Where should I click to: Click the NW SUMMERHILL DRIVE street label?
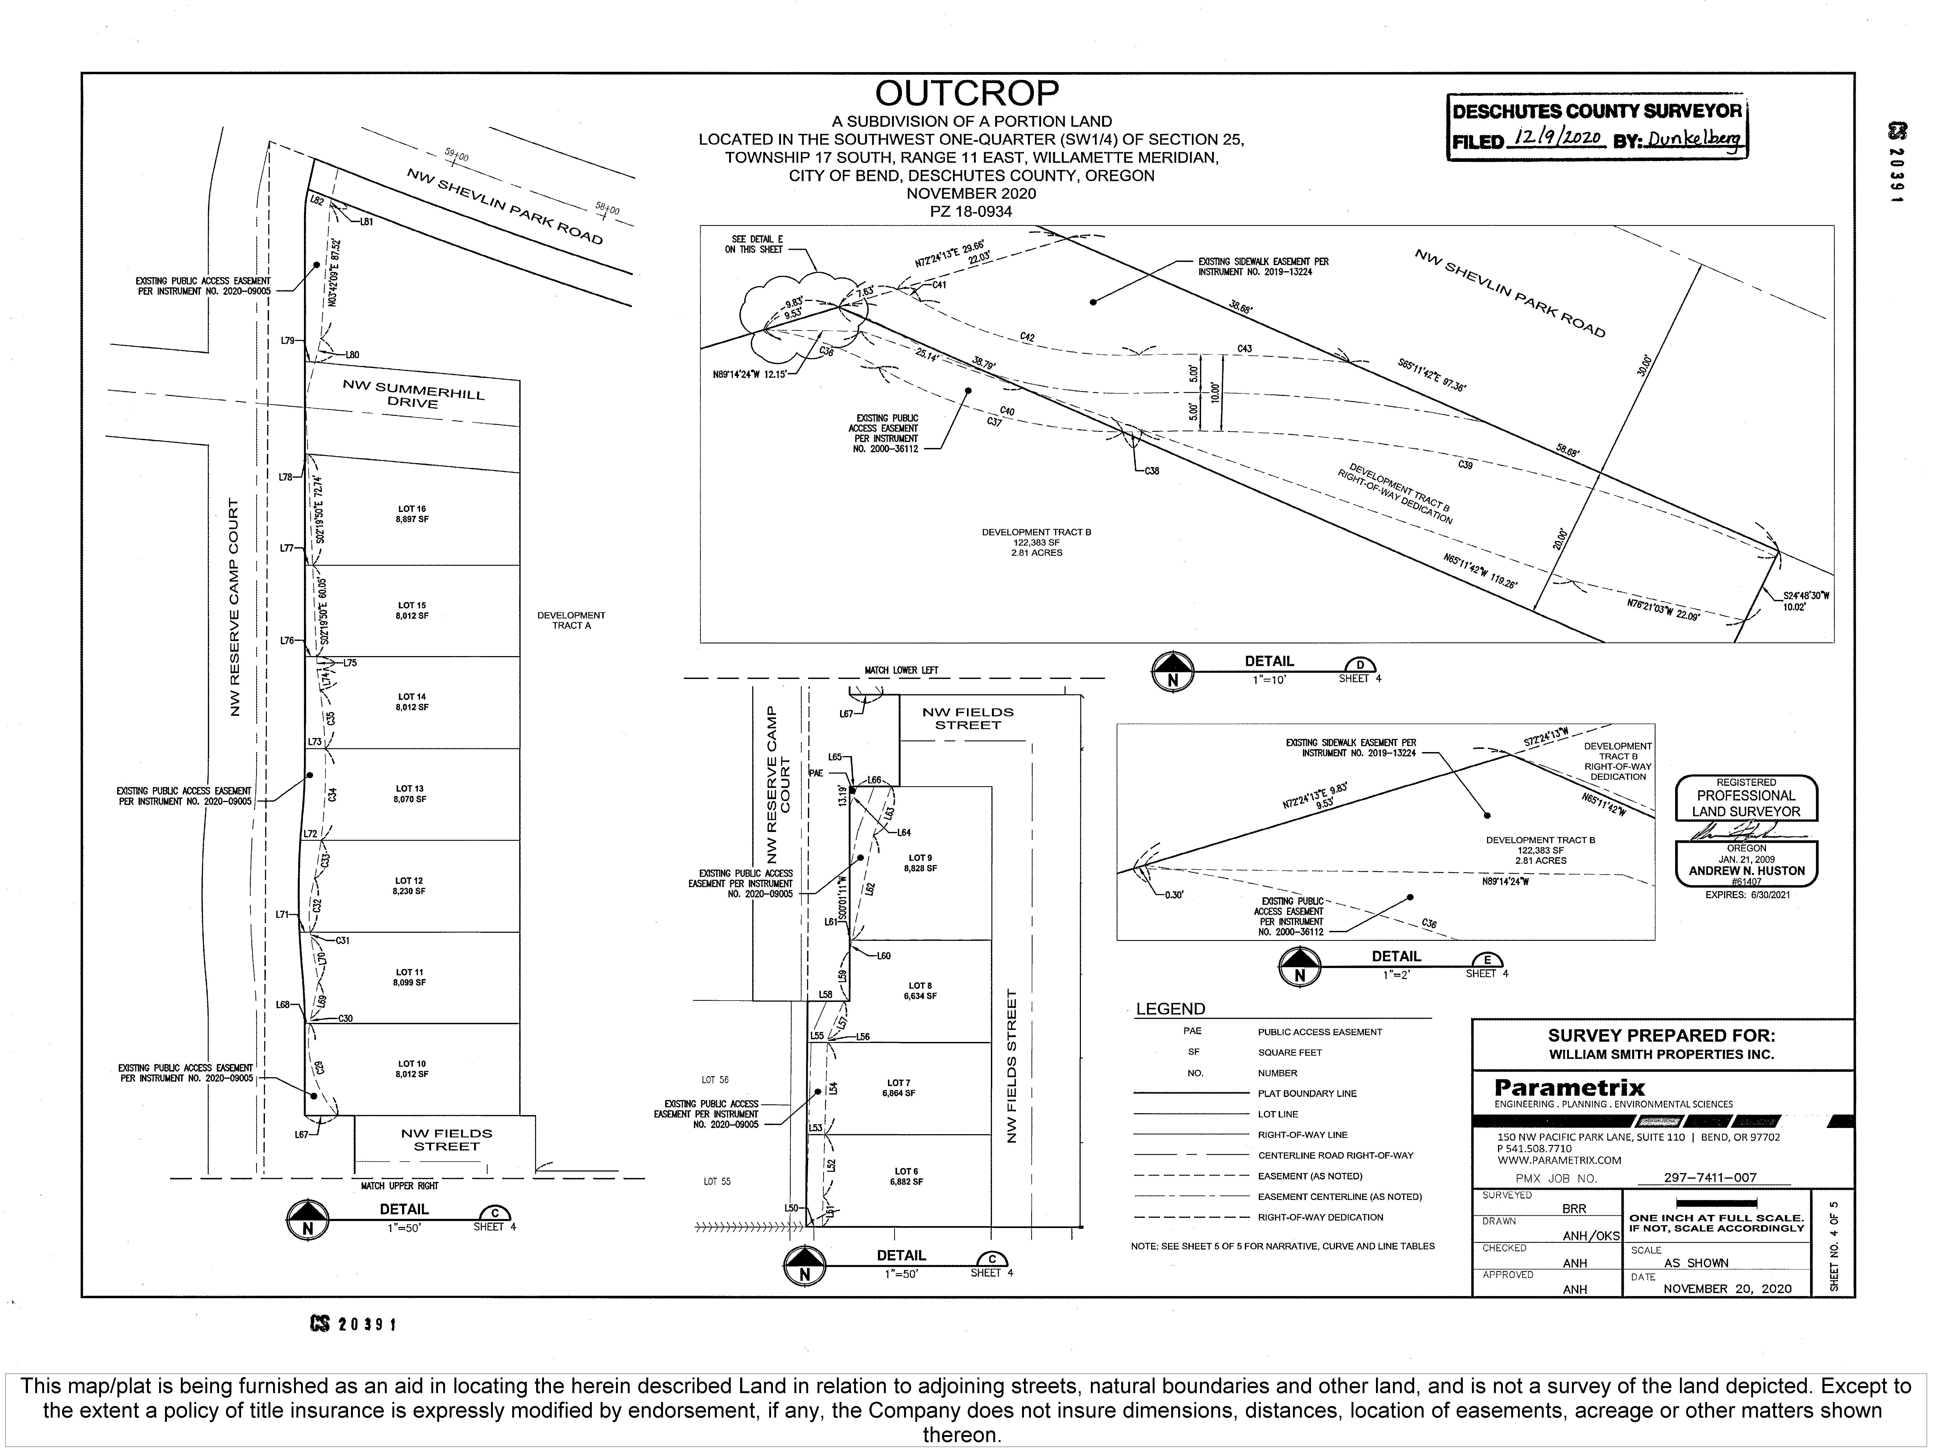pos(413,395)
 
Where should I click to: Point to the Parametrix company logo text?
pos(1569,1088)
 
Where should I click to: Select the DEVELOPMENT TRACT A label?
pos(571,621)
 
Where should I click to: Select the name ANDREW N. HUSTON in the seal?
pos(1746,871)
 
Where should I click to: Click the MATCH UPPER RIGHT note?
pos(400,1186)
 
